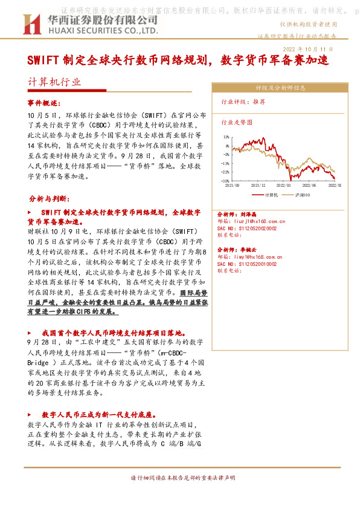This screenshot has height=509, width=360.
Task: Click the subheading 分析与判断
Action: point(49,198)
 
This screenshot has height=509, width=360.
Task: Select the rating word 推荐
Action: point(259,102)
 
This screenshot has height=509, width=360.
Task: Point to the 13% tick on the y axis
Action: point(225,137)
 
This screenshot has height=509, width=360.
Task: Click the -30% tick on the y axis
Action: point(225,181)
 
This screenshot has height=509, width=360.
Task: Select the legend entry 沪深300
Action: point(302,195)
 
